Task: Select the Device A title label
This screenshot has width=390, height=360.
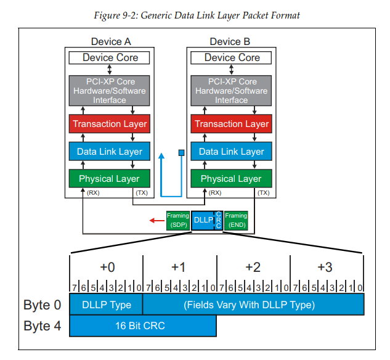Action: point(110,42)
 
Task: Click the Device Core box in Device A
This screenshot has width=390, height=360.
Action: point(110,57)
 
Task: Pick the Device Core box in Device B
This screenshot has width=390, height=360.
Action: point(232,57)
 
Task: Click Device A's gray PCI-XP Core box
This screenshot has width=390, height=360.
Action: point(110,91)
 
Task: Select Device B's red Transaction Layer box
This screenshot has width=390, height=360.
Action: point(232,124)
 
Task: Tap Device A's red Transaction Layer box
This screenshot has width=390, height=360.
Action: point(110,124)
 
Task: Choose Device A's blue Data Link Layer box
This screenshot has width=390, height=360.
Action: point(110,151)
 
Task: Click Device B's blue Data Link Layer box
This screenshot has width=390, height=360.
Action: point(232,151)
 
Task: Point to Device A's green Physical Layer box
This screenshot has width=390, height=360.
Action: point(110,179)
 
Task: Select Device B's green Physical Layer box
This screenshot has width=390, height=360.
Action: point(232,179)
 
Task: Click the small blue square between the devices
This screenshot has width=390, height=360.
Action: point(181,152)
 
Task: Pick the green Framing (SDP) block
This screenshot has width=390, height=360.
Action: point(177,220)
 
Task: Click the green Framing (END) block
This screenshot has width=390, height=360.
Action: point(236,220)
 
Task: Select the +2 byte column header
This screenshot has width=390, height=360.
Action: point(253,267)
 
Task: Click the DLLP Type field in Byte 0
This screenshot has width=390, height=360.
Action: point(106,304)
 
